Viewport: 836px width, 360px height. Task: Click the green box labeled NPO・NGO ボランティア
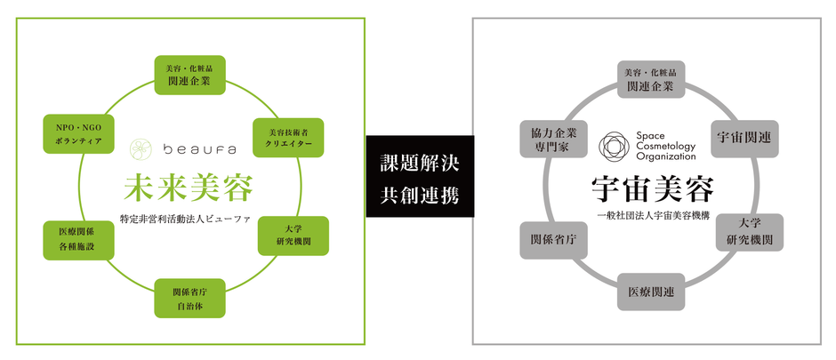(78, 134)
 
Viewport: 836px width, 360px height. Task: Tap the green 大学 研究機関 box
(293, 236)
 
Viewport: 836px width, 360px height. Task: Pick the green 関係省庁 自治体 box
(189, 299)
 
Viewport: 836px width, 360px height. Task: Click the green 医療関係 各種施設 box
(78, 240)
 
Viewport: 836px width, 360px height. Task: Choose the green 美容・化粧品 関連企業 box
(189, 75)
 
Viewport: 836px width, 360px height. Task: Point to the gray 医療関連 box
(651, 292)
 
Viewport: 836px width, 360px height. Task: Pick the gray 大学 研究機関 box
(749, 232)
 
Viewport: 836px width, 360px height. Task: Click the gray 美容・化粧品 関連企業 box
(651, 79)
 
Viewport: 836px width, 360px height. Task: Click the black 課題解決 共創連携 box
(420, 176)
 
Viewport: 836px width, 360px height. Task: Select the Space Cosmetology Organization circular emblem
(615, 146)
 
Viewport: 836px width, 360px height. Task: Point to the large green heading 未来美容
(188, 187)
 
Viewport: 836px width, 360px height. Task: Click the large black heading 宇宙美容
(652, 190)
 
